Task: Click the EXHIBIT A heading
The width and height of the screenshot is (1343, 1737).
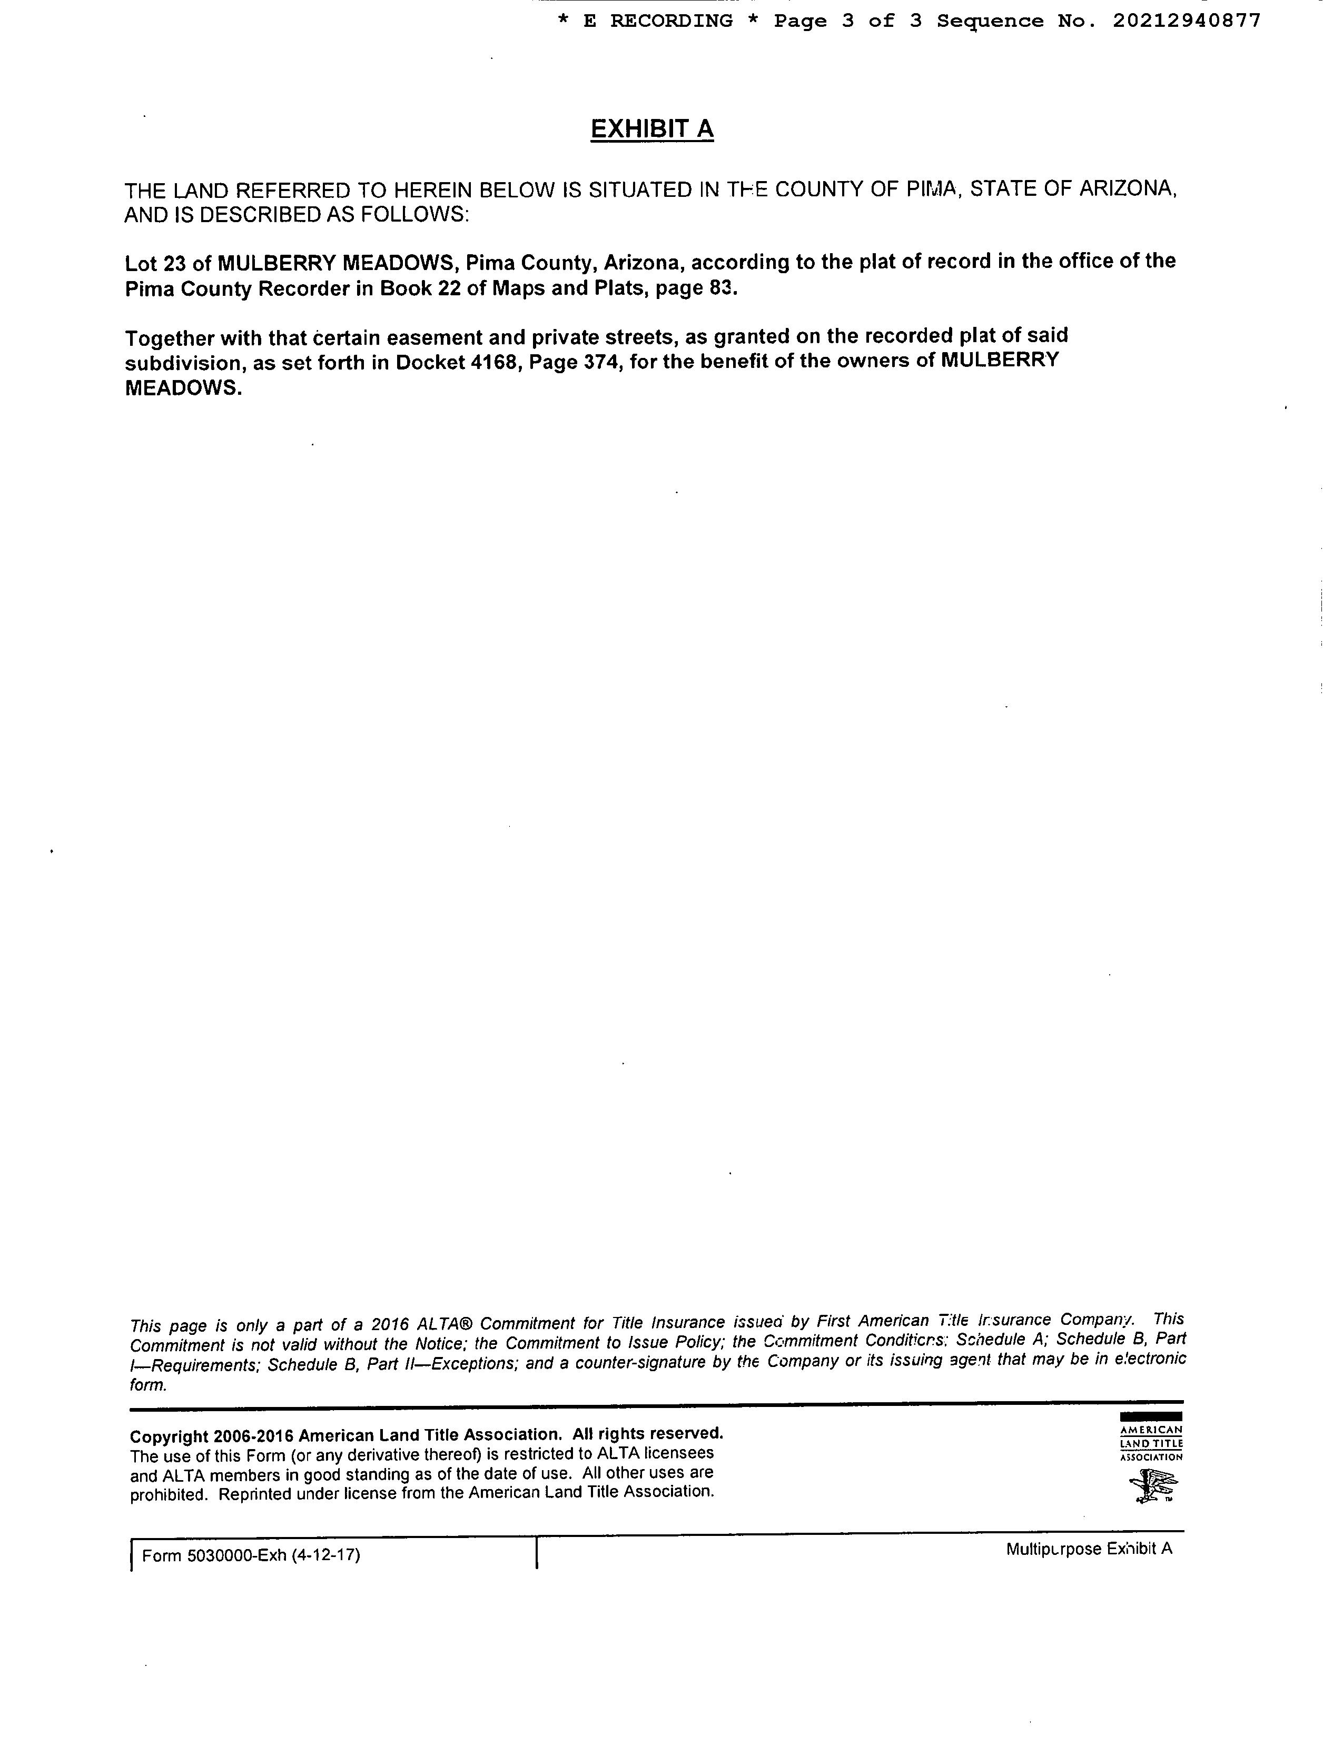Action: tap(651, 129)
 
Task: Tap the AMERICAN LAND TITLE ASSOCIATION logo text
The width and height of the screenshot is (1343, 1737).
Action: tap(1151, 1443)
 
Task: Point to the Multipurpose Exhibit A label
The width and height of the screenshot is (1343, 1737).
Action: tap(1089, 1549)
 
